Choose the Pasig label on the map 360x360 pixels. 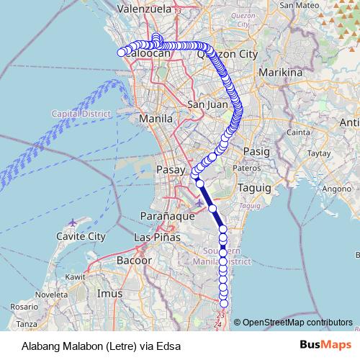256,152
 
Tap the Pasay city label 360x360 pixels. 171,170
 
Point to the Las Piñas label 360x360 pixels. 156,237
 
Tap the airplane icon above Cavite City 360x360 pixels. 73,222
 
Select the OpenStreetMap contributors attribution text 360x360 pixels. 297,322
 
